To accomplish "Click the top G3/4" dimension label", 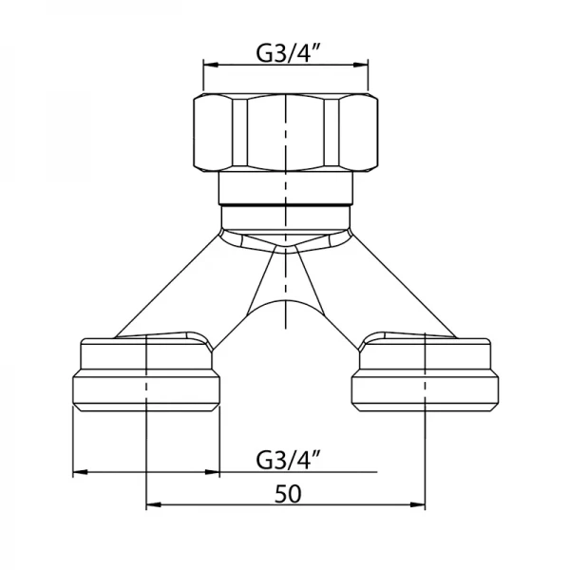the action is (x=288, y=53).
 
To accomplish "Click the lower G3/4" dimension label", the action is (x=288, y=460).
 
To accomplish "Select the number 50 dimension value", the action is (x=288, y=494).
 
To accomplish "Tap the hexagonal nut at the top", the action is (x=285, y=132).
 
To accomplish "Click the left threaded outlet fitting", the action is (x=146, y=373).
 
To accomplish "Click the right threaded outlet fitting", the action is (x=425, y=373).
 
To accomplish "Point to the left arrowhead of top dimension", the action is (x=211, y=65).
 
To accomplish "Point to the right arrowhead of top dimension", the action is (x=361, y=65).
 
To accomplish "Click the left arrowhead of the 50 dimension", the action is (x=153, y=504).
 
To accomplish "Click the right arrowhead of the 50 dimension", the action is (x=418, y=504).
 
